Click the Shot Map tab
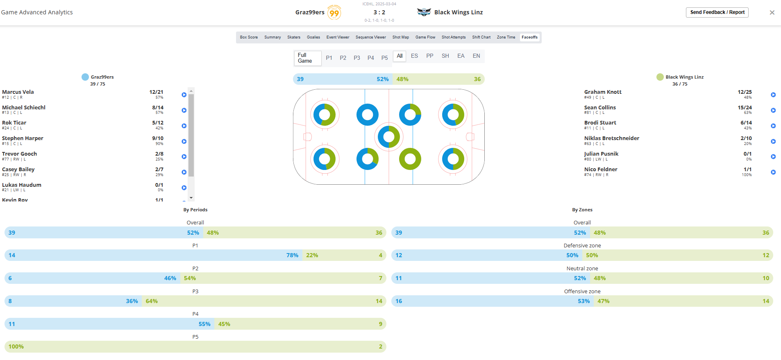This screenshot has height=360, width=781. [400, 37]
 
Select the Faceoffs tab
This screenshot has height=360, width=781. [529, 37]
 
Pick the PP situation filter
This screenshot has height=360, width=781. [429, 56]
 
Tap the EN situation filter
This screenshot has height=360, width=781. [476, 56]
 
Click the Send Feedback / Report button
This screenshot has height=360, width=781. [717, 12]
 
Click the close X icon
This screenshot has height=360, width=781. [772, 13]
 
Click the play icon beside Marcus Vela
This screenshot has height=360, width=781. [184, 95]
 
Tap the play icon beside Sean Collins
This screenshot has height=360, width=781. [773, 110]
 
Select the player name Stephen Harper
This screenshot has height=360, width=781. [23, 138]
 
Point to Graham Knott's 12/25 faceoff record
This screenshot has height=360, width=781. [745, 92]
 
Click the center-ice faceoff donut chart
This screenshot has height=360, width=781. [389, 137]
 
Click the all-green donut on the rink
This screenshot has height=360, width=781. [410, 159]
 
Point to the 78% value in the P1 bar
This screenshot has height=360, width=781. [292, 255]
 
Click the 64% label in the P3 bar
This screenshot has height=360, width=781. [152, 301]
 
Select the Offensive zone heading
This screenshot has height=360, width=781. [582, 292]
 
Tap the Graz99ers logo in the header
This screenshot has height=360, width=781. [334, 12]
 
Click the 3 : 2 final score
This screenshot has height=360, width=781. [379, 12]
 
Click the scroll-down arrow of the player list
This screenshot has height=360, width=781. [191, 198]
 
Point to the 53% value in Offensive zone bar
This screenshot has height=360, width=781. [583, 301]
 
